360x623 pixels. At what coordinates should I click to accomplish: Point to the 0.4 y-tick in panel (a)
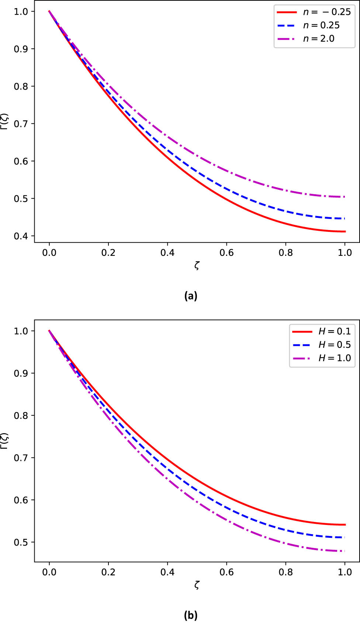tap(21, 236)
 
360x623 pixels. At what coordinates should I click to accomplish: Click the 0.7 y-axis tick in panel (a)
tap(21, 123)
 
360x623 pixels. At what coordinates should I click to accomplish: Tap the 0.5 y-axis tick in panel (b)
tap(21, 542)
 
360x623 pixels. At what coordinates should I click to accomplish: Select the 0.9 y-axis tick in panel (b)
tap(21, 373)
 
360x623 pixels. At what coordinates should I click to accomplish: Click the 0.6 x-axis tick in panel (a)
tap(226, 253)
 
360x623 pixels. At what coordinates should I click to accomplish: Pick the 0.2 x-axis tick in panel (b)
tap(108, 572)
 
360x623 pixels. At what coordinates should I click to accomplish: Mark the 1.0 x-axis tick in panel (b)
tap(345, 572)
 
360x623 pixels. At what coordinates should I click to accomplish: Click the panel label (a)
tap(191, 296)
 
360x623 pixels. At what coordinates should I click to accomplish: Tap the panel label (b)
tap(191, 615)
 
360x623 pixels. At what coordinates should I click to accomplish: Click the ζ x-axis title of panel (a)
tap(197, 265)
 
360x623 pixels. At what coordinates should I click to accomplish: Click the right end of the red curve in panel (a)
tap(345, 232)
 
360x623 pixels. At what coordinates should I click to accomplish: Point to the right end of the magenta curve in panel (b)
tap(345, 551)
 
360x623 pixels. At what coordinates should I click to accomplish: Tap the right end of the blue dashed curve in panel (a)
tap(345, 219)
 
